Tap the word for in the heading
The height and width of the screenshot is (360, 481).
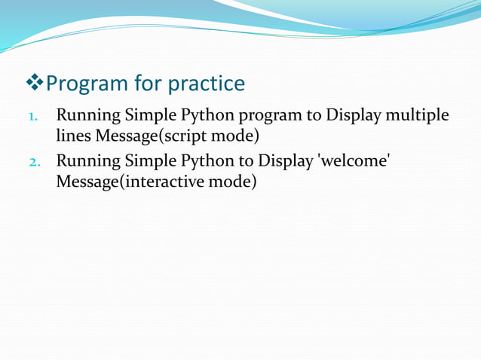tap(147, 84)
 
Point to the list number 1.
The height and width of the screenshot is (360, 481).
tap(32, 117)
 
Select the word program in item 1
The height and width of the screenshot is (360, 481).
tap(267, 117)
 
